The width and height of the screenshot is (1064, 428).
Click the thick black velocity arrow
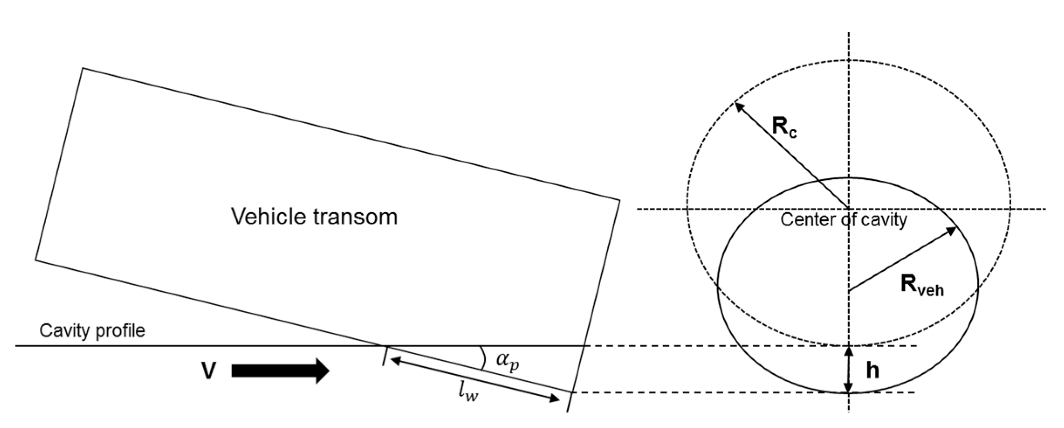(x=279, y=371)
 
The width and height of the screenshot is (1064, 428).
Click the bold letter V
(x=209, y=371)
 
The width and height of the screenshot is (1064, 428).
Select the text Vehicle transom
(x=314, y=217)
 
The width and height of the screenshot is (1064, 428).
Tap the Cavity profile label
(x=92, y=331)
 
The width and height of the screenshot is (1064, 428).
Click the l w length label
(x=468, y=392)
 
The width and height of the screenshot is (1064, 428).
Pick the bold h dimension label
(x=872, y=371)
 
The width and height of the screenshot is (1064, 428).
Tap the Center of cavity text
(x=843, y=219)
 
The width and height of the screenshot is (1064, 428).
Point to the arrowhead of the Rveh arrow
(x=952, y=231)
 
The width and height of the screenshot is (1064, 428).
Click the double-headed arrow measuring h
(x=848, y=369)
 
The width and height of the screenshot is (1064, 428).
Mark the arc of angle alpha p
(x=483, y=358)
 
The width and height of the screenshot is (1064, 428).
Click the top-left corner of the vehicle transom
(x=83, y=69)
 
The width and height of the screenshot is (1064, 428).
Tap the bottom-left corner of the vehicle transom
(x=36, y=260)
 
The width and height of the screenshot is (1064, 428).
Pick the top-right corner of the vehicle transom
(x=619, y=200)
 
